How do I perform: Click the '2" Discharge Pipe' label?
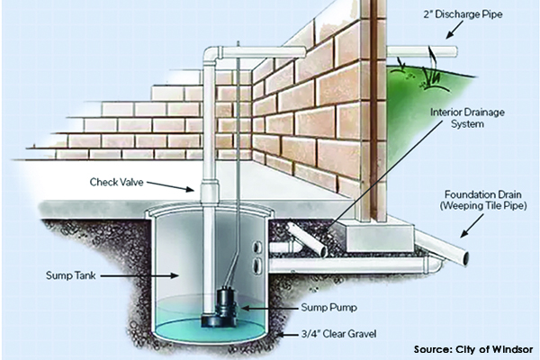coord(463,14)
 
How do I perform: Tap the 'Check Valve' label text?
coord(116,182)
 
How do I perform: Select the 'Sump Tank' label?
coord(70,275)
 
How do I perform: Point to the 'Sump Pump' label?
coord(328,307)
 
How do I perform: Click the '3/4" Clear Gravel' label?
coord(338,334)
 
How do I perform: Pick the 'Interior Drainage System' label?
coord(467,118)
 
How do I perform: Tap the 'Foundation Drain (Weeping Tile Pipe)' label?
coord(482,200)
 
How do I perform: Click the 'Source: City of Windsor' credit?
coord(473,349)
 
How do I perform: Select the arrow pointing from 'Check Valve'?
coord(170,186)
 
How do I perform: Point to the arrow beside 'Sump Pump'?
coord(269,308)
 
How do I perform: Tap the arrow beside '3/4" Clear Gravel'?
coord(287,334)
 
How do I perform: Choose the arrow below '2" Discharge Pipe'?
coord(454,31)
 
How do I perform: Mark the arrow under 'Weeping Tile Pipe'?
coord(472,226)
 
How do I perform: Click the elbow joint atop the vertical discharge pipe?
coord(211,55)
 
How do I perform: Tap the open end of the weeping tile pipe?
coord(465,258)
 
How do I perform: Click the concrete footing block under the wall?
coord(380,238)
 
